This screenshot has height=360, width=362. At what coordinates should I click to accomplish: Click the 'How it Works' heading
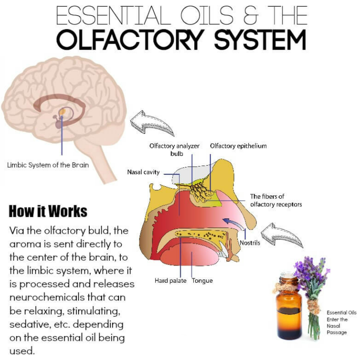(48, 211)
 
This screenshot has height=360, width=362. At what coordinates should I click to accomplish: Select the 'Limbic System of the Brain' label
(48, 165)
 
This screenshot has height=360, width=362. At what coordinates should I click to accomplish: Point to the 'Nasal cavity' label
(143, 172)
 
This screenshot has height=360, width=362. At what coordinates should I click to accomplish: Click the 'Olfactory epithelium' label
(238, 145)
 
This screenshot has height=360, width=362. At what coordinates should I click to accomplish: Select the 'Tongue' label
(202, 281)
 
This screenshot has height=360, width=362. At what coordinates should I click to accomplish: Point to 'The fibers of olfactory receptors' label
(276, 201)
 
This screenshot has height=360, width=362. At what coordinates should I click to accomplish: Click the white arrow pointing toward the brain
(152, 123)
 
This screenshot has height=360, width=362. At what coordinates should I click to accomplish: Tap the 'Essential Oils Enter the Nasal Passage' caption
(341, 322)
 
